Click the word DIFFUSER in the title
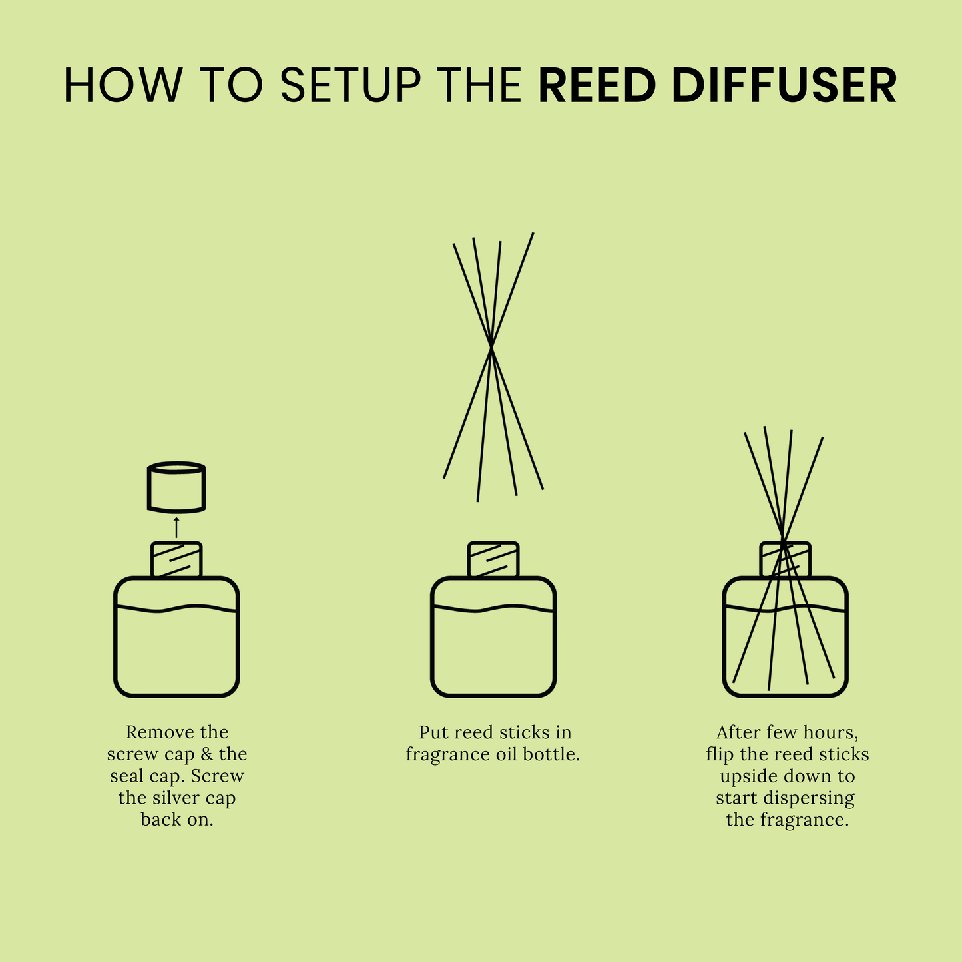(x=784, y=85)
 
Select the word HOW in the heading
(x=122, y=85)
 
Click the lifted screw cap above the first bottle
(x=176, y=487)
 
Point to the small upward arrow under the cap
(x=176, y=526)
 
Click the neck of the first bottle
(x=176, y=559)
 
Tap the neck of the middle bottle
(x=493, y=559)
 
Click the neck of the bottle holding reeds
(x=786, y=559)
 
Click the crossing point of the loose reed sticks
(x=491, y=346)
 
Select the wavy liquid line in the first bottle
(x=176, y=608)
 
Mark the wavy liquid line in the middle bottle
(x=493, y=608)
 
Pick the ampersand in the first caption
(x=206, y=754)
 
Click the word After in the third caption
(x=738, y=732)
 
